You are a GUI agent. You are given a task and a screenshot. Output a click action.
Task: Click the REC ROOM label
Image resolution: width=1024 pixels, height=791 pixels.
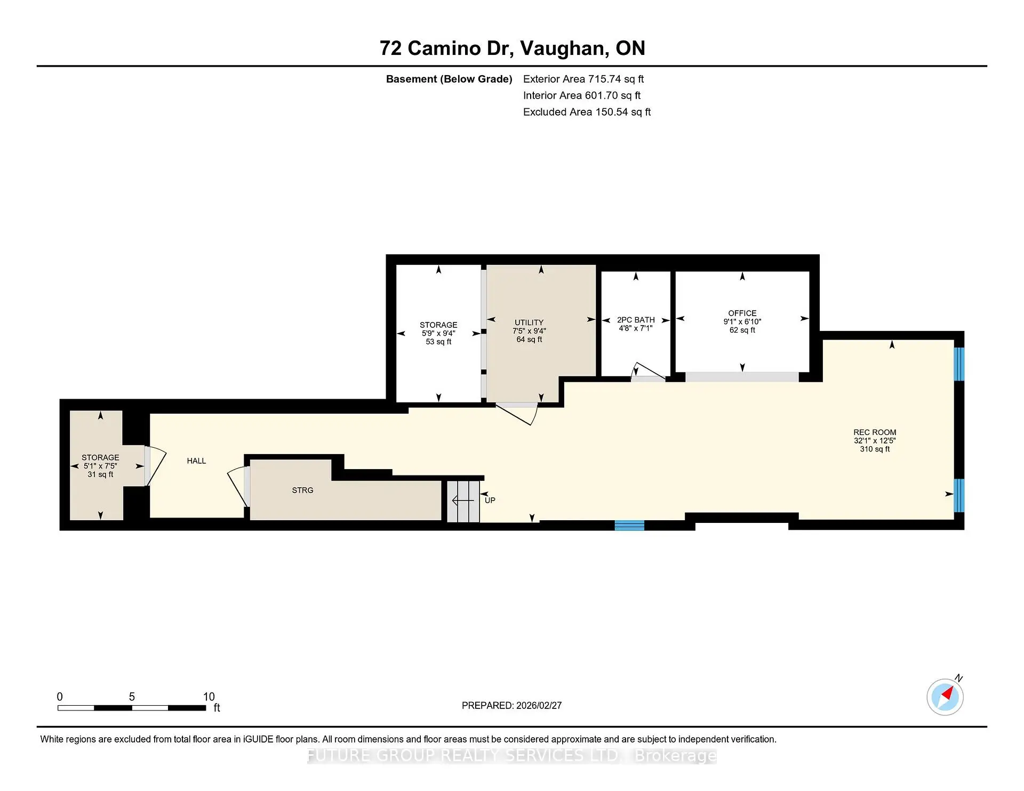click(875, 432)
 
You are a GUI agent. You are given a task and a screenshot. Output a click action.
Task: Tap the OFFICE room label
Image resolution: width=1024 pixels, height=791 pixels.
click(742, 313)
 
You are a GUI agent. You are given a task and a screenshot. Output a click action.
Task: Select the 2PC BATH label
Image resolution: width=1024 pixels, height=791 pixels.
click(636, 320)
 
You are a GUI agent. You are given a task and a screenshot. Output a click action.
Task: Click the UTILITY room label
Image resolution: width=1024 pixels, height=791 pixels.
click(529, 322)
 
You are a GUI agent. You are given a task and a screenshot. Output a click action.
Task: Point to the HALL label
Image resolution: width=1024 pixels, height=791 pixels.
click(196, 461)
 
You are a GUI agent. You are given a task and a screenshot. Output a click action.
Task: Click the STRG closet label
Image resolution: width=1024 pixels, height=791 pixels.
click(302, 490)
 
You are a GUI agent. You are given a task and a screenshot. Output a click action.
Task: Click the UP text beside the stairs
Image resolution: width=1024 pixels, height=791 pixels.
click(490, 500)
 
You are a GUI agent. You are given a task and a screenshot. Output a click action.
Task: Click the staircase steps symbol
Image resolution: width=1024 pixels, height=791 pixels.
click(463, 501)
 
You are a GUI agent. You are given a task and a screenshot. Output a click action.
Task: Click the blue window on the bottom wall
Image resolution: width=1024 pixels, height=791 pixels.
click(629, 526)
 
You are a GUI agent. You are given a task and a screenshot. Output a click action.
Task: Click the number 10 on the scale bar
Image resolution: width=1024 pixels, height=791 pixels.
click(209, 697)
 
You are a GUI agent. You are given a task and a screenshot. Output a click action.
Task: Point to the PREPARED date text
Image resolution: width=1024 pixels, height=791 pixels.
click(511, 705)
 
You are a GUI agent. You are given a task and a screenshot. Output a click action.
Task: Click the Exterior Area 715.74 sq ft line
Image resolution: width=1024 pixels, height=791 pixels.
click(583, 79)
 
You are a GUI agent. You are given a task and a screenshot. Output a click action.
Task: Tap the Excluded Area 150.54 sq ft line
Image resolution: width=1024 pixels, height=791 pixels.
click(587, 112)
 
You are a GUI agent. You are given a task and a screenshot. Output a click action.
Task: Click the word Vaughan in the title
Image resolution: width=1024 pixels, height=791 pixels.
click(564, 49)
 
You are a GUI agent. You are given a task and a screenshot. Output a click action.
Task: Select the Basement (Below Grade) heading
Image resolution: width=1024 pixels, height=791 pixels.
click(449, 79)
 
